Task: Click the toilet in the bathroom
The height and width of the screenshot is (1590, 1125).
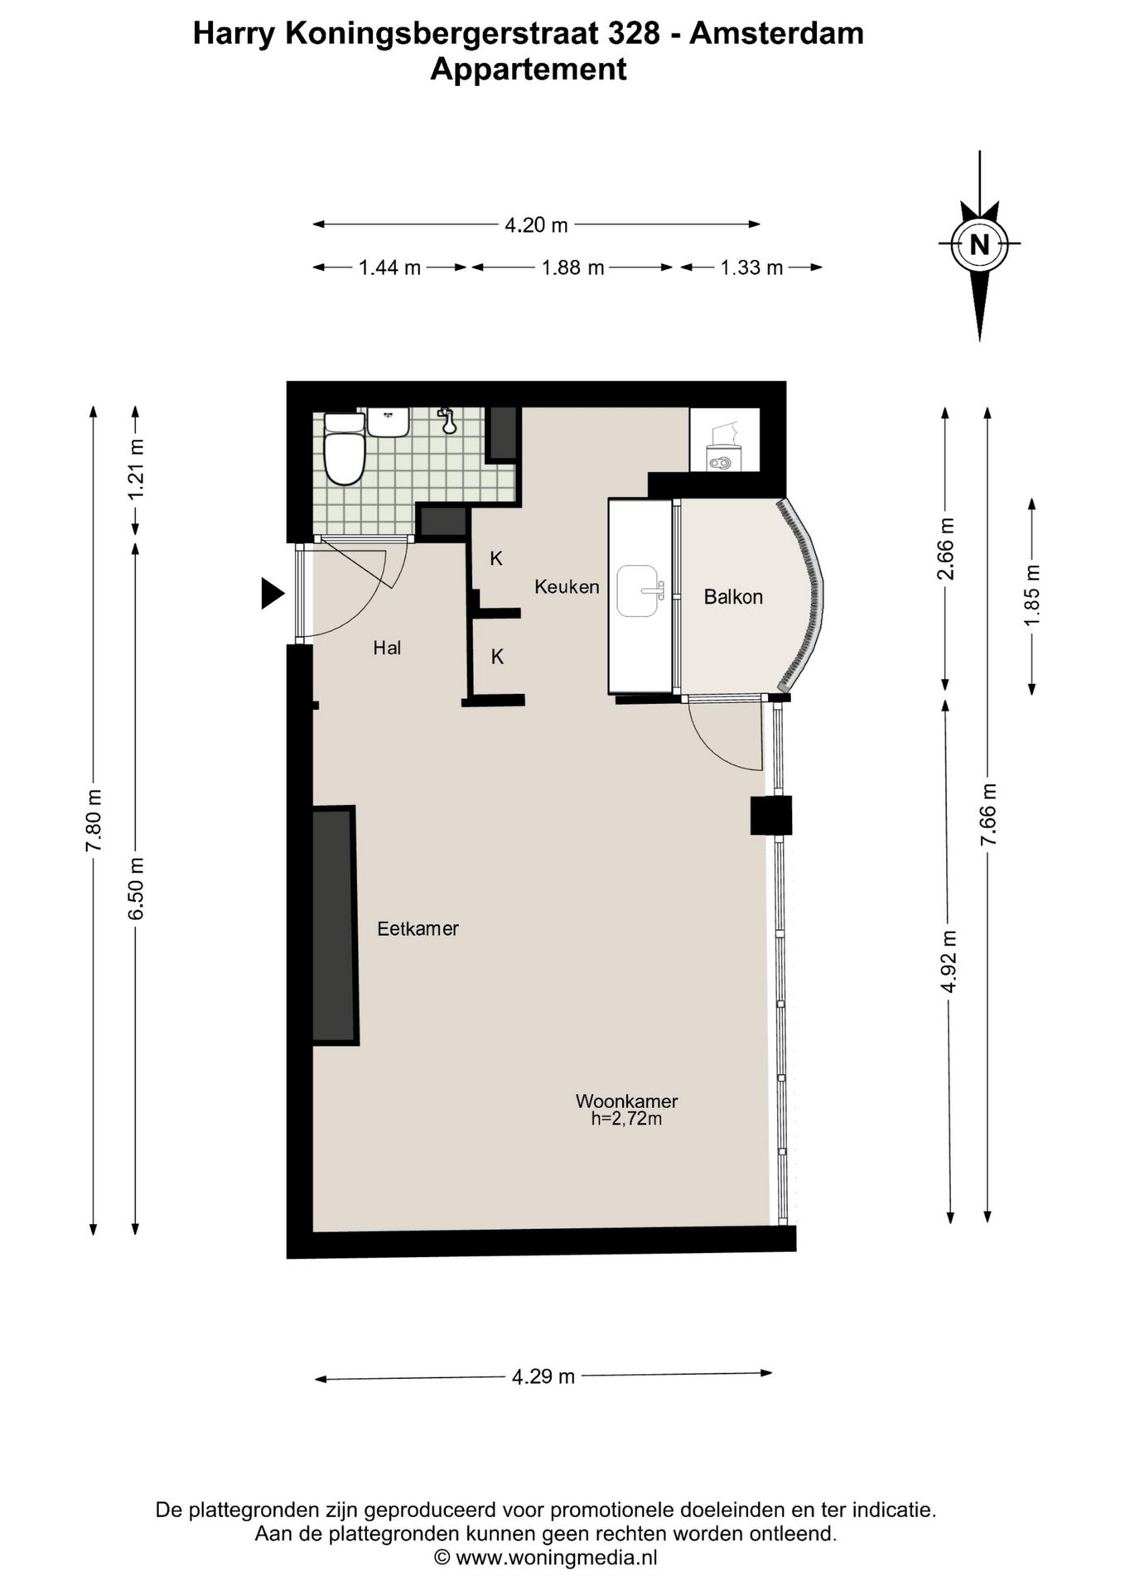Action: [344, 448]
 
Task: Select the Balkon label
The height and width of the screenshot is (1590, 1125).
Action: [733, 596]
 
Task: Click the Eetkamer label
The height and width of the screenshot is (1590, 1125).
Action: [418, 928]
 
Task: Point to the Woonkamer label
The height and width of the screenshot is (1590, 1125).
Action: [626, 1101]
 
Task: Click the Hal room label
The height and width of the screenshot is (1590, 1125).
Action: [387, 648]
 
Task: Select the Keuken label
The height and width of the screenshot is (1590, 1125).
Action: [567, 586]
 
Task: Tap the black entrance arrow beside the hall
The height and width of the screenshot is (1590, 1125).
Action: [272, 594]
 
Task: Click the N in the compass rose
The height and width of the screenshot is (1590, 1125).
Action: [979, 245]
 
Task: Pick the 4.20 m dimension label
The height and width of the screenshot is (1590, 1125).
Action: [536, 224]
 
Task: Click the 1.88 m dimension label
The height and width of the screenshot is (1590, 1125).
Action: [572, 267]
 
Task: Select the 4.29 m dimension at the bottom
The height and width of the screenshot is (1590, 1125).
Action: [543, 1376]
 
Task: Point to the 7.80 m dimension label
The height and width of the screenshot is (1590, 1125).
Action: [94, 820]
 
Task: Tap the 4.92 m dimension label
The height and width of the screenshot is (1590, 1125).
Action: [949, 961]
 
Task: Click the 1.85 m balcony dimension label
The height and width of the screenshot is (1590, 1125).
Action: [1031, 596]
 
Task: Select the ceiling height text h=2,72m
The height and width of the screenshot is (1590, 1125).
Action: [626, 1120]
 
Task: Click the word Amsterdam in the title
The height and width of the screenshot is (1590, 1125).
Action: [776, 33]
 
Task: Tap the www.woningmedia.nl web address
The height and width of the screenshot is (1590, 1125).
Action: [557, 1558]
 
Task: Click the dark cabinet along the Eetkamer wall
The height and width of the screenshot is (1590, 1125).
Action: [335, 925]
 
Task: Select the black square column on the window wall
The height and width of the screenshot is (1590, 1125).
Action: [771, 815]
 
